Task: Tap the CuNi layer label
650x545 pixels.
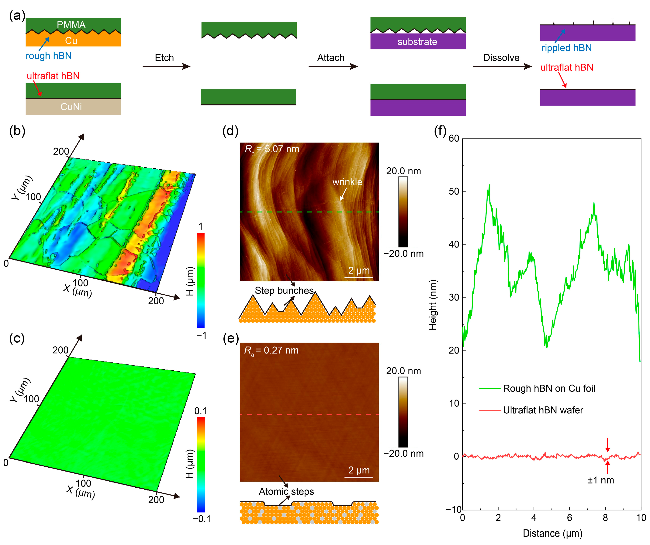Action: pos(71,107)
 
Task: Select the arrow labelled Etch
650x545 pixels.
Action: pos(167,66)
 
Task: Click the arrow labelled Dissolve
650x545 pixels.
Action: pos(502,66)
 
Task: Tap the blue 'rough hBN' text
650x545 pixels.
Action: pos(49,56)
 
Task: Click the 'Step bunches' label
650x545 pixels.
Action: pos(284,290)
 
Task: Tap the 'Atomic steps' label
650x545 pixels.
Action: pos(286,491)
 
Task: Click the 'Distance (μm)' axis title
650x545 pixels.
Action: pos(552,533)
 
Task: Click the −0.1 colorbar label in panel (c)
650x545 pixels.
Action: pos(202,519)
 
